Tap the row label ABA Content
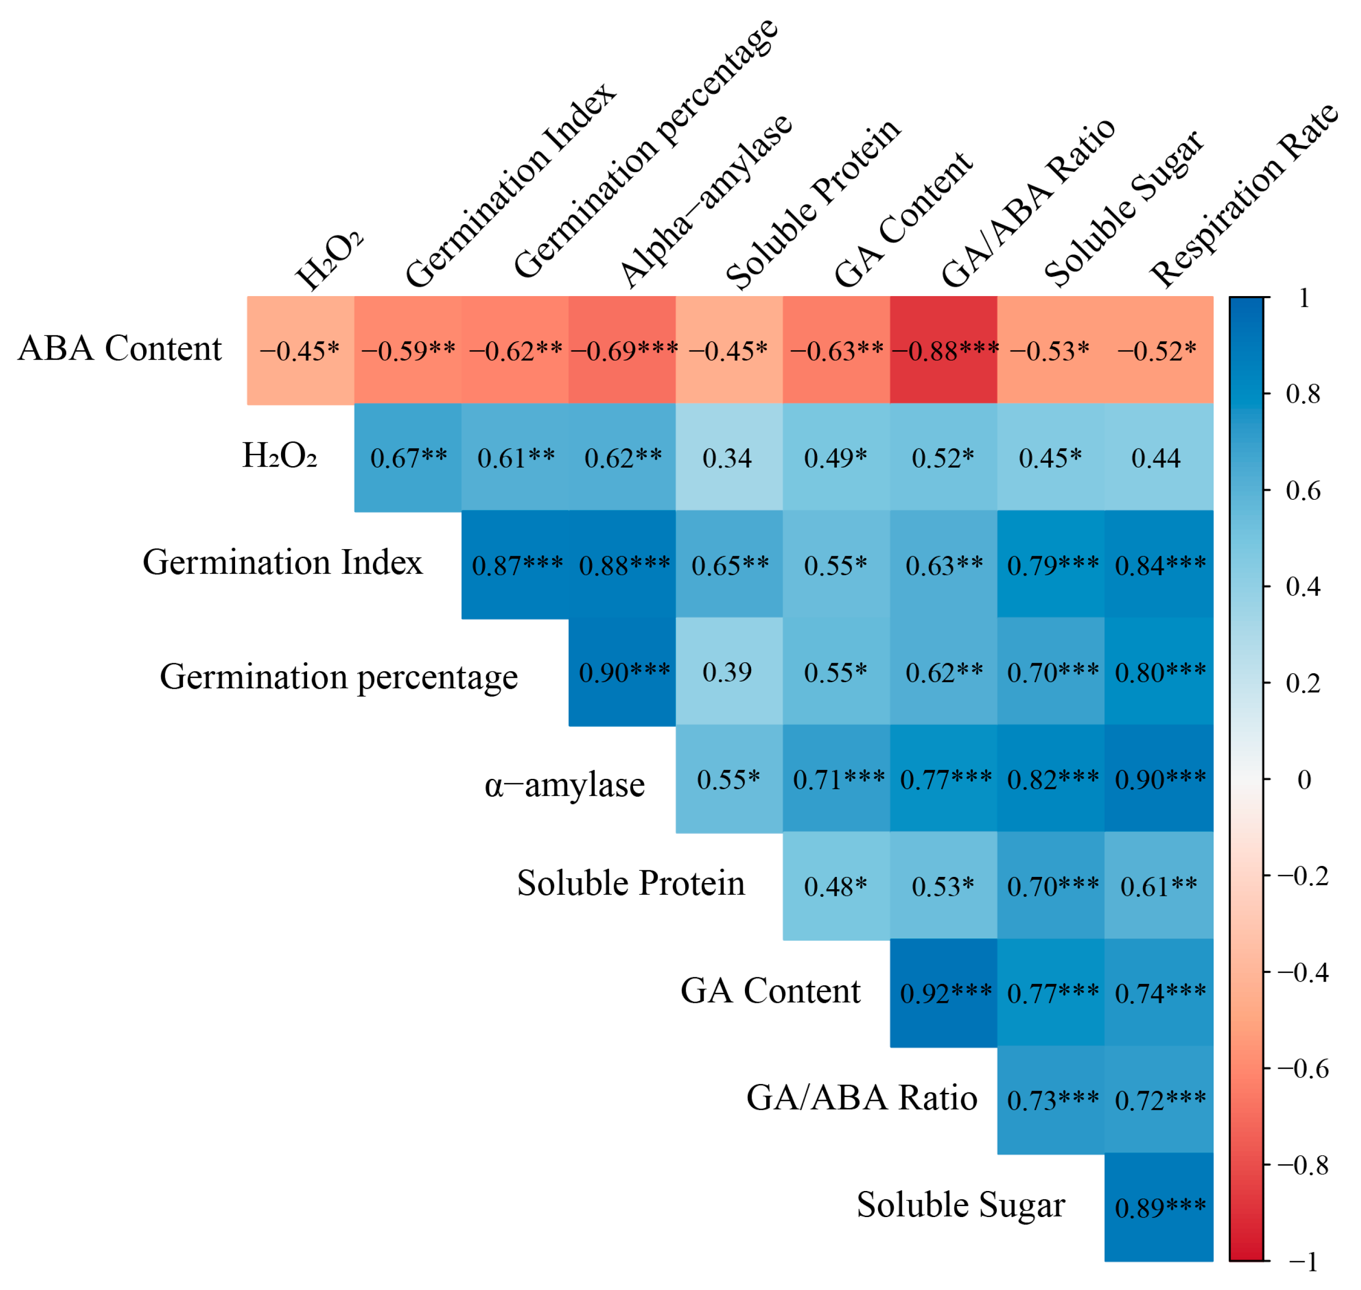[120, 349]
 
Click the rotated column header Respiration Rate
[1245, 196]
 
